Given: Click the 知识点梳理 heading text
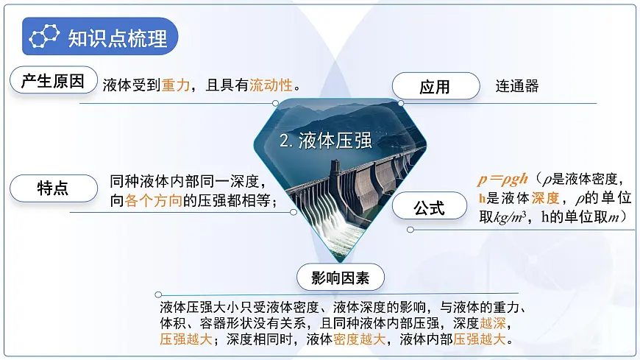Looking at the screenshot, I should (x=118, y=38).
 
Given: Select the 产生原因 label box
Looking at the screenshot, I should (x=53, y=81).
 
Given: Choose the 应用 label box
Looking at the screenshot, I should (x=435, y=87).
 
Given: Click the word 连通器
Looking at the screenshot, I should (x=517, y=86).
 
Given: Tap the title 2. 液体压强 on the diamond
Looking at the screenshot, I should (x=326, y=142).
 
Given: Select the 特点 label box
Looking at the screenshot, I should (x=53, y=188).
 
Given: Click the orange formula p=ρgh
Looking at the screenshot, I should (x=502, y=179).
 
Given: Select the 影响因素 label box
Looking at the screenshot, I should (x=340, y=278).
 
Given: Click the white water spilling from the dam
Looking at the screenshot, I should (x=327, y=225).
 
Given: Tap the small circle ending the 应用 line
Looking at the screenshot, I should (x=401, y=104).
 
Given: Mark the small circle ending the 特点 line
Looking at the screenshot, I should (x=294, y=213).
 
